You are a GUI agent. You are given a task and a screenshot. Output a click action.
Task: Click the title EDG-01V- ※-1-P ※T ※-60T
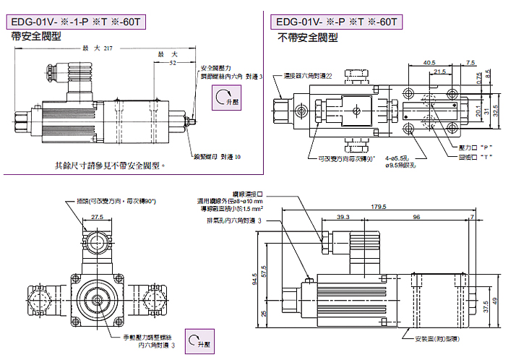pos(79,22)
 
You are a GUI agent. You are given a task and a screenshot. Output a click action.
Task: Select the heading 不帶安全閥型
pos(308,38)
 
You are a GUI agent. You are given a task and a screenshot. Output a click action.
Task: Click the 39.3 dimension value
pos(343,216)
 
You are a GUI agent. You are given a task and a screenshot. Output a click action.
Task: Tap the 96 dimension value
pos(417,216)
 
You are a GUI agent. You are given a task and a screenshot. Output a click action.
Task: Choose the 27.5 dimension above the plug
pos(98,216)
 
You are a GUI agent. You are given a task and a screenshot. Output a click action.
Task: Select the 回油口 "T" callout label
pos(478,155)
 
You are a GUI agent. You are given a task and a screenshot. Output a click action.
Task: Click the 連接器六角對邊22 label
pos(308,75)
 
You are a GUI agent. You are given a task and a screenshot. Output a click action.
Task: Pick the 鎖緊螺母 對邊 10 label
pos(217,156)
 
